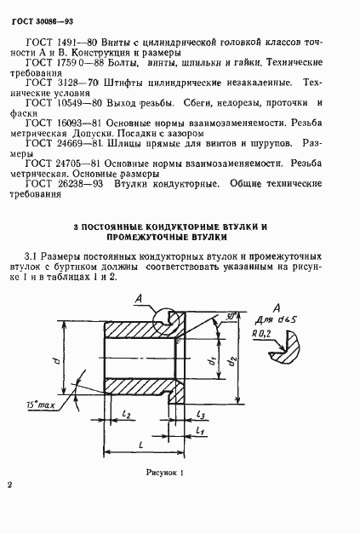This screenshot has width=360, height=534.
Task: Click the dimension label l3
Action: (x=198, y=414)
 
